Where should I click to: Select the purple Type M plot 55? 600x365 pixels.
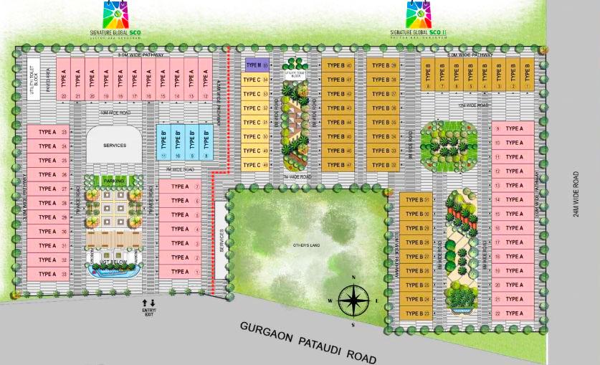[257, 65]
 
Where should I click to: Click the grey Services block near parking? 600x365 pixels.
[115, 146]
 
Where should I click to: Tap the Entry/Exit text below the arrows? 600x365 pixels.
[148, 312]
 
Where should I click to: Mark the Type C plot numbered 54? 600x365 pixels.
[256, 79]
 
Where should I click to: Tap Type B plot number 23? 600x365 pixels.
[416, 313]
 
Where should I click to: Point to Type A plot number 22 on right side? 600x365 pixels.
[513, 313]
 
